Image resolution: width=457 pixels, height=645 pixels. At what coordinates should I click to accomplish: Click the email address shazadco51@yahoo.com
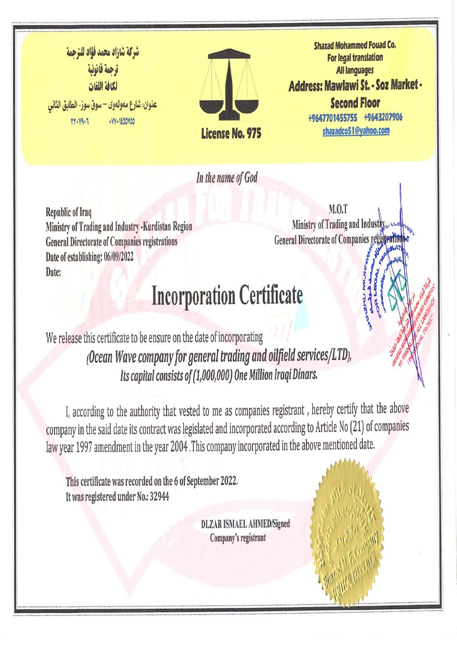tap(356, 131)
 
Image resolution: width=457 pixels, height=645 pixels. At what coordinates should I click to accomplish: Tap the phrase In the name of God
tap(227, 178)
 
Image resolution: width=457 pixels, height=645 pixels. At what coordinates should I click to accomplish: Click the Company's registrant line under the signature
tap(238, 537)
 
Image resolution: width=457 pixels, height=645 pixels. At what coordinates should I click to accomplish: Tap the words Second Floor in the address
tap(355, 103)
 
